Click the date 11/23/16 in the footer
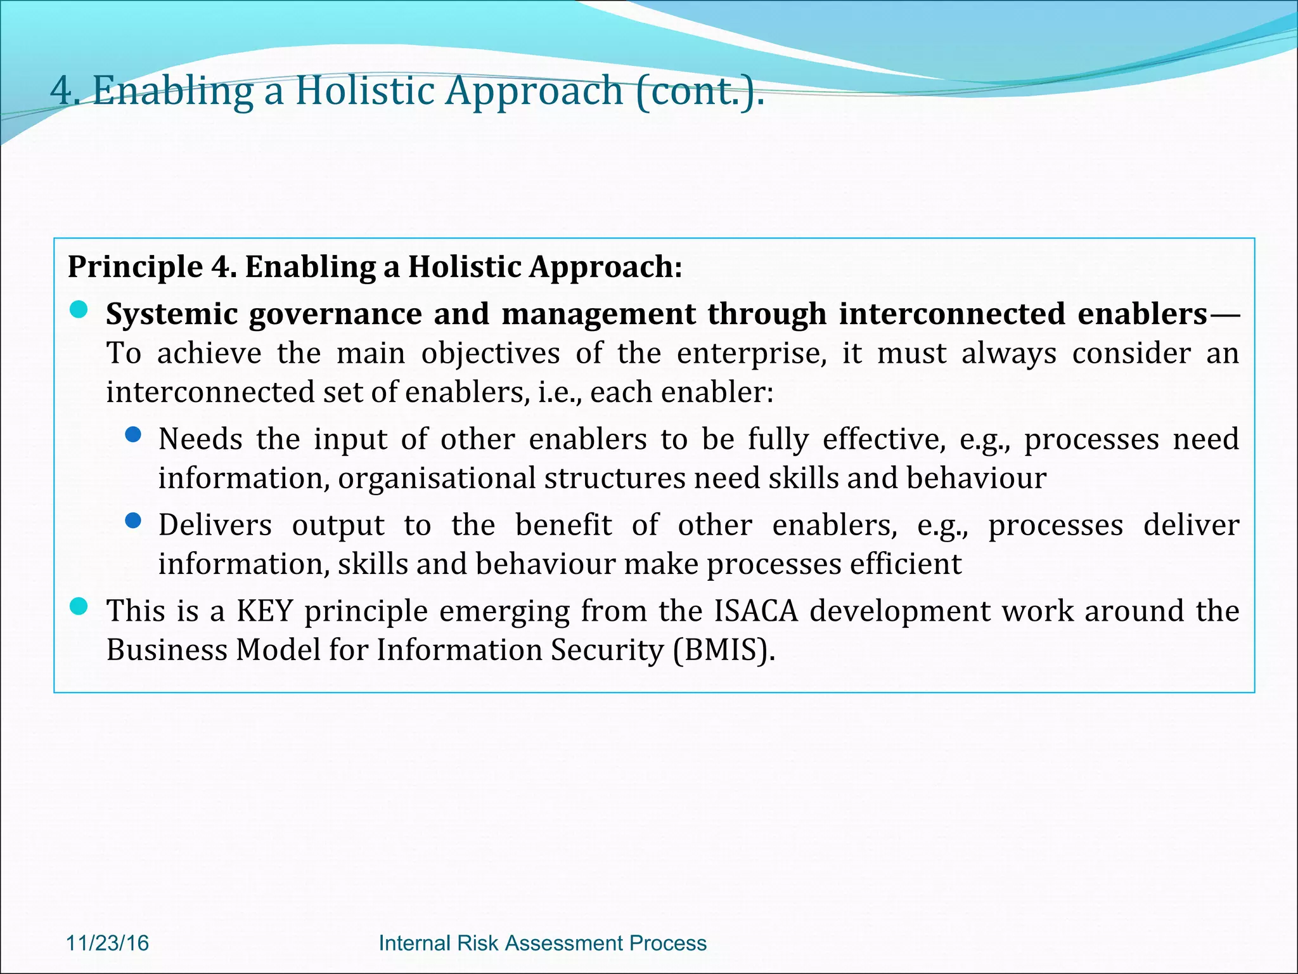(107, 943)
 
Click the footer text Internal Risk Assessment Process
(542, 943)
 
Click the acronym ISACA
(755, 611)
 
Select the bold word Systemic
(171, 315)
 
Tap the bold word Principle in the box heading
(135, 267)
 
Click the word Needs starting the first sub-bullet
(200, 439)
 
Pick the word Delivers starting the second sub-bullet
(215, 525)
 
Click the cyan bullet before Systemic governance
(79, 310)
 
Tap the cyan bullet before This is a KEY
(79, 606)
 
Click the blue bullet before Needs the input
(133, 434)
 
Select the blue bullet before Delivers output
(133, 521)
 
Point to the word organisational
(437, 478)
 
